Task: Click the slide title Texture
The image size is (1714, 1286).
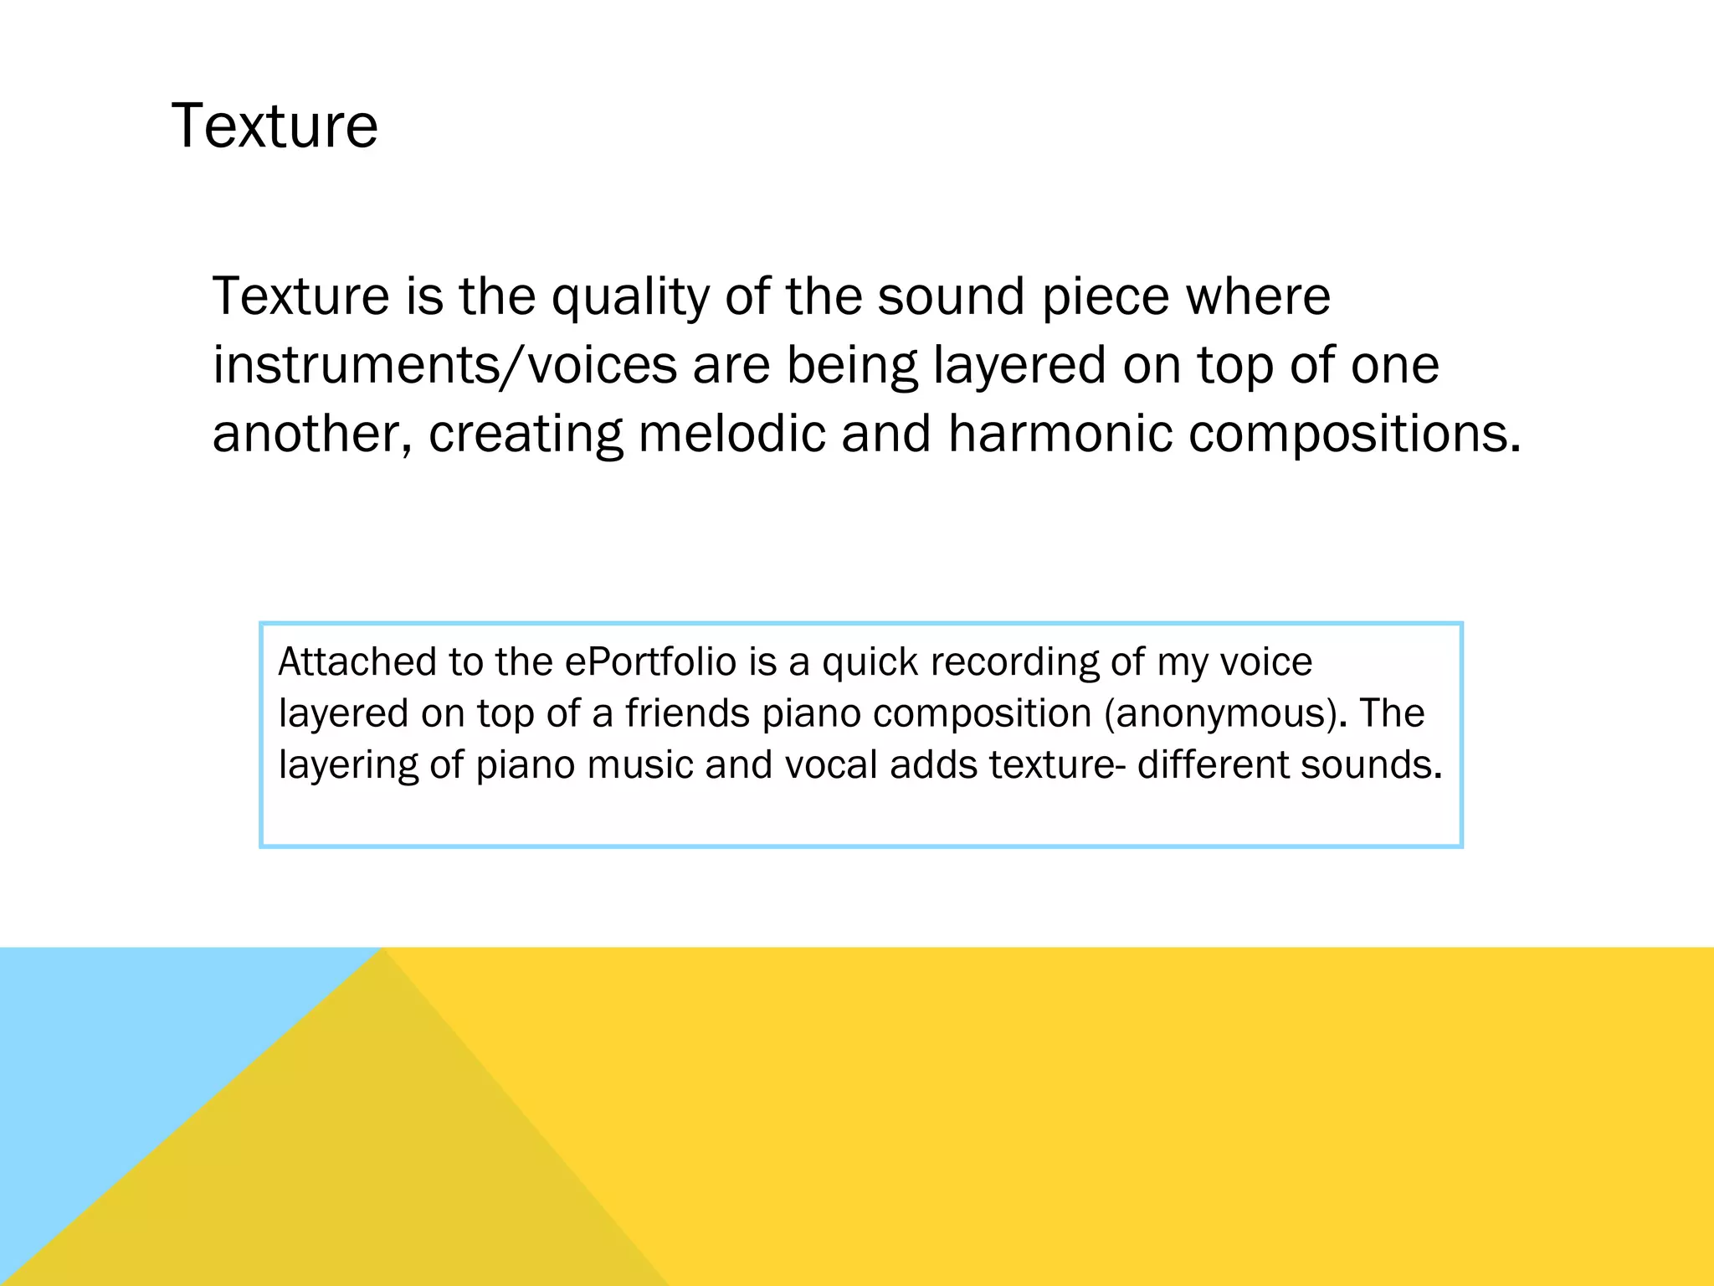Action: pyautogui.click(x=275, y=126)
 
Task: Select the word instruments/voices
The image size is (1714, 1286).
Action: pyautogui.click(x=444, y=366)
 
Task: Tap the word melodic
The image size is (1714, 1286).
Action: pyautogui.click(x=731, y=435)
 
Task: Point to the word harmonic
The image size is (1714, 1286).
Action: pyautogui.click(x=1060, y=435)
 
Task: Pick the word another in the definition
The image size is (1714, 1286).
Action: pyautogui.click(x=311, y=435)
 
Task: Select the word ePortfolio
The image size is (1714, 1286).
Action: pyautogui.click(x=650, y=661)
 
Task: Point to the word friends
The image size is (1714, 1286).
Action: pyautogui.click(x=687, y=713)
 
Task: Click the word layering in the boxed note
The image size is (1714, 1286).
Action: pyautogui.click(x=347, y=766)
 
